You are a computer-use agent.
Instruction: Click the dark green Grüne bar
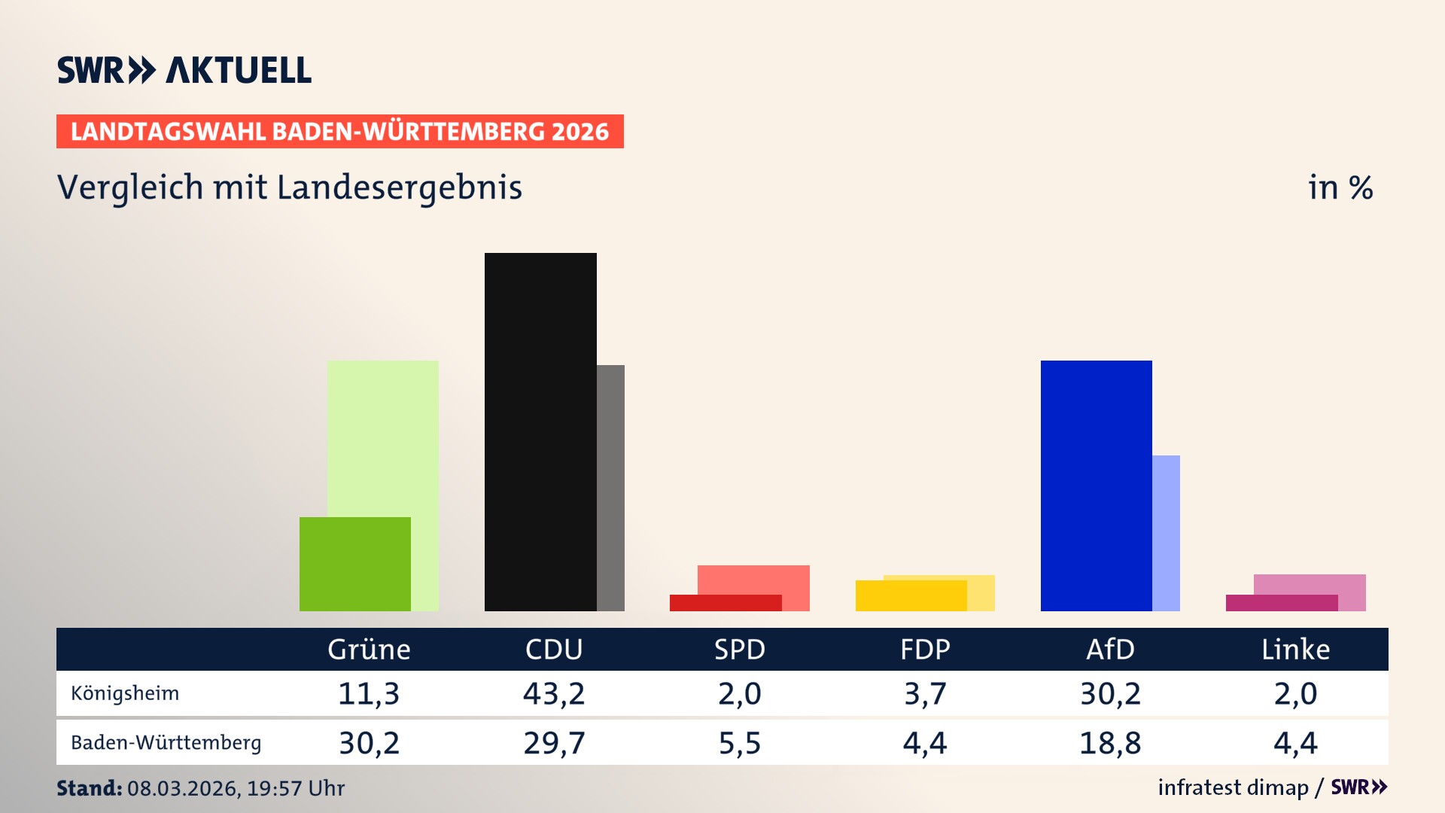[354, 564]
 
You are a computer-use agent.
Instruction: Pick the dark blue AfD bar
[1096, 486]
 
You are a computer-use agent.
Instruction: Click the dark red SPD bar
[725, 603]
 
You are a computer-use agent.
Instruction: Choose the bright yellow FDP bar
[911, 595]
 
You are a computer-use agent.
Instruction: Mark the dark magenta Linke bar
[1281, 603]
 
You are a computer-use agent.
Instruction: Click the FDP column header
[925, 650]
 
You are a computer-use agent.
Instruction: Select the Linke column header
[1295, 650]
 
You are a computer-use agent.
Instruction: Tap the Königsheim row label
[125, 693]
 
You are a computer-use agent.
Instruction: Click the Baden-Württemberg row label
[166, 743]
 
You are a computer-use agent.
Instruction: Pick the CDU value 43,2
[554, 693]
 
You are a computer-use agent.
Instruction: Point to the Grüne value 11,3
[369, 693]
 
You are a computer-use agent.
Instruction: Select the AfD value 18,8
[1110, 743]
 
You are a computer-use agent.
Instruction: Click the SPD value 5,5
[740, 743]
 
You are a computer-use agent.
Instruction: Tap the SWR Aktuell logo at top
[184, 70]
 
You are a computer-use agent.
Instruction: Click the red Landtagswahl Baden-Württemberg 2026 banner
[339, 132]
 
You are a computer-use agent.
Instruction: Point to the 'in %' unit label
[1340, 187]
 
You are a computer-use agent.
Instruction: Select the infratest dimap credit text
[1233, 787]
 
